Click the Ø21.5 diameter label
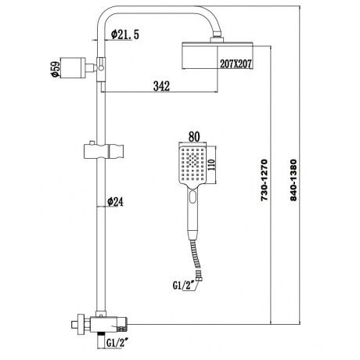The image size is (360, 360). (x=125, y=34)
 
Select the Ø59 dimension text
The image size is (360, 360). (x=56, y=68)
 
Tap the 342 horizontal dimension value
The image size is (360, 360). (x=161, y=86)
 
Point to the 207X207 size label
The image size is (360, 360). (x=236, y=64)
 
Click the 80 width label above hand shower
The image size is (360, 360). (x=194, y=137)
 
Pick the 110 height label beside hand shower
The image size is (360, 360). (x=211, y=164)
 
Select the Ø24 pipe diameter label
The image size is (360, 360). (x=115, y=201)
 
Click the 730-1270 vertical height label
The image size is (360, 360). (x=265, y=180)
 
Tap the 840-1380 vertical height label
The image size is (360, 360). (x=293, y=180)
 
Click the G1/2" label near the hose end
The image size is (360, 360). (x=185, y=285)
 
